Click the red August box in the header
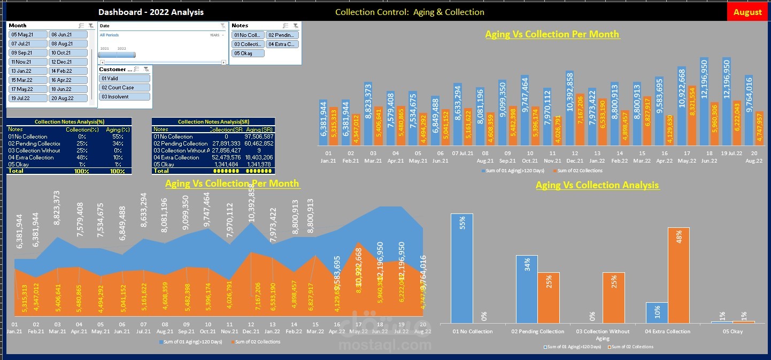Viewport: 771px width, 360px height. click(x=747, y=12)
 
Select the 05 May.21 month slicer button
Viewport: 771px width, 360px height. click(x=28, y=34)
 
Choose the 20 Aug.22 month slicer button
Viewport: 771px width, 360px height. click(x=68, y=98)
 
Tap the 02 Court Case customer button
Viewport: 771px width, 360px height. click(x=125, y=88)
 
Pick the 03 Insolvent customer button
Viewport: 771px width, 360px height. click(x=125, y=97)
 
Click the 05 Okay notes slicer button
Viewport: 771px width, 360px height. click(x=248, y=53)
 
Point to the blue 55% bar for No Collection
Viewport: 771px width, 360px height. click(x=461, y=268)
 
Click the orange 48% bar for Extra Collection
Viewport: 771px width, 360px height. click(x=679, y=275)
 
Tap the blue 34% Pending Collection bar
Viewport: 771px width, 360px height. click(x=527, y=289)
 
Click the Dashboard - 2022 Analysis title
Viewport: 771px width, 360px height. click(x=151, y=12)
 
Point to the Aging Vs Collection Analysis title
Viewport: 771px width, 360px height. click(x=597, y=185)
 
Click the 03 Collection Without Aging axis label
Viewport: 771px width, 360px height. click(x=602, y=334)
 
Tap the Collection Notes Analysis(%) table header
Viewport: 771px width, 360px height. click(x=69, y=122)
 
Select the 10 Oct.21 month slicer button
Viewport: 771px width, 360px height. click(x=68, y=52)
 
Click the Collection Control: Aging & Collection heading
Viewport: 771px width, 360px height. click(x=410, y=12)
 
